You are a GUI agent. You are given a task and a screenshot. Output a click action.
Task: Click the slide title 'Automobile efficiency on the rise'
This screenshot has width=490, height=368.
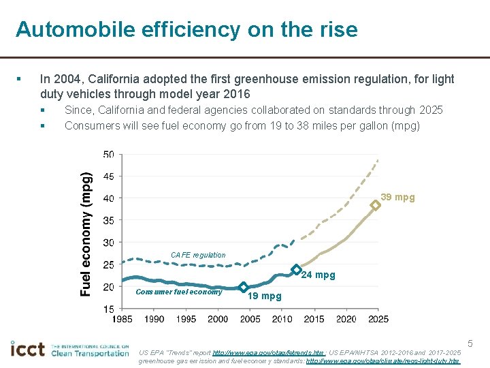coord(186,29)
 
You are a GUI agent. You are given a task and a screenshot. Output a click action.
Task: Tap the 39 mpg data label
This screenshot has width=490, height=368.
coord(397,198)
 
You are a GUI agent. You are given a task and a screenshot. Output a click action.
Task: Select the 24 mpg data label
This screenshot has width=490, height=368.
coord(318,275)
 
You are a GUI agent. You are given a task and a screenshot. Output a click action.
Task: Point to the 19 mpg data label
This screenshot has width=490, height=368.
coord(264,296)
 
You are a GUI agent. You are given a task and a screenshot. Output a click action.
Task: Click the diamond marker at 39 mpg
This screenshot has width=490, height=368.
coord(375,204)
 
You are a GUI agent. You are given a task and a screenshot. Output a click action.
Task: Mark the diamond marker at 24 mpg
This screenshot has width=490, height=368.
coord(296,270)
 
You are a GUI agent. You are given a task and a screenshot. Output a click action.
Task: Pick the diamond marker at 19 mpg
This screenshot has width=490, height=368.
coord(243,288)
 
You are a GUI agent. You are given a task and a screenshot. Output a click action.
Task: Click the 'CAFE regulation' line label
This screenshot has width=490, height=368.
coord(198,256)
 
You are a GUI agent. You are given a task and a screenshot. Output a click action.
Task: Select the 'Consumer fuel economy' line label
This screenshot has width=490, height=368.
coord(179,292)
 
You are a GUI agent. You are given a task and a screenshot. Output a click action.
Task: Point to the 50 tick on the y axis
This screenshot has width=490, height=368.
coord(109,155)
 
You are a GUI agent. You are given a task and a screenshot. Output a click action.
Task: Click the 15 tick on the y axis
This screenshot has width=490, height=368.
coord(109,309)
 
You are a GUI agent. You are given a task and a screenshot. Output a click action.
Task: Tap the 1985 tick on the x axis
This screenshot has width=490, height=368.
coord(122,319)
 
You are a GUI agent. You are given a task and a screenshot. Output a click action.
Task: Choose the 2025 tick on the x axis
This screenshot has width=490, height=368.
coord(378,319)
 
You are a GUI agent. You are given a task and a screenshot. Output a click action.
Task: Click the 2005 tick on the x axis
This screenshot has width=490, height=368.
coord(250,319)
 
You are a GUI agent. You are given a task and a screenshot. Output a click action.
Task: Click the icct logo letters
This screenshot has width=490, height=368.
coord(28,350)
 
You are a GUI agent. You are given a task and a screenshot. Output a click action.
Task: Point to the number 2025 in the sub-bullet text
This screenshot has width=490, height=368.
coord(429,110)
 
